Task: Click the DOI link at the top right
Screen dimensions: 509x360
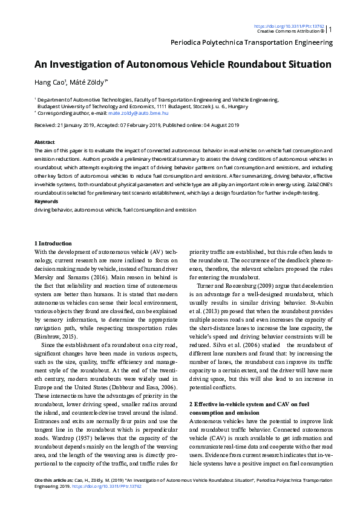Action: point(289,27)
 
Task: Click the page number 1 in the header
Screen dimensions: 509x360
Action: point(330,29)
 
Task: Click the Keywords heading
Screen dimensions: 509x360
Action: point(47,201)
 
